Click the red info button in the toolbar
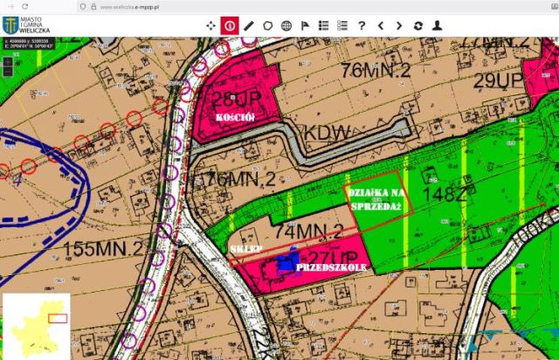[230, 25]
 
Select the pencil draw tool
[249, 25]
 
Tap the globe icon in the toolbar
[286, 25]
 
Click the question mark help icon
[361, 25]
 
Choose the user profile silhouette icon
[437, 25]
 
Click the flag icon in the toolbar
[305, 25]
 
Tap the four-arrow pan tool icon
[210, 25]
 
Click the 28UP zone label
[231, 96]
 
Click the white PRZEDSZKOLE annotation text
[330, 266]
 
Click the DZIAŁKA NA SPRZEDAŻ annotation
[374, 198]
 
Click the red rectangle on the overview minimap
[58, 318]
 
